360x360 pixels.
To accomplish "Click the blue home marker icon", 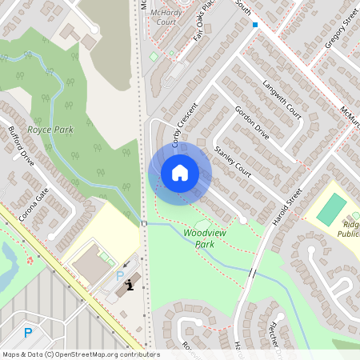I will pyautogui.click(x=179, y=173).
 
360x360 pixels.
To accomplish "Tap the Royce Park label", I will pyautogui.click(x=50, y=129).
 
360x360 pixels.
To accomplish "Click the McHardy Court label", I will pyautogui.click(x=166, y=18).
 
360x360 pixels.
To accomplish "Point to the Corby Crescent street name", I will pyautogui.click(x=183, y=124).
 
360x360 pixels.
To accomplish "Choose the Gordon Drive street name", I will pyautogui.click(x=251, y=125).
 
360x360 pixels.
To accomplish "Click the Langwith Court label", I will pyautogui.click(x=282, y=99).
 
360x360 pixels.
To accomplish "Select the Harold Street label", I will pyautogui.click(x=286, y=206).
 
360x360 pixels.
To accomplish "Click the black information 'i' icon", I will pyautogui.click(x=129, y=286).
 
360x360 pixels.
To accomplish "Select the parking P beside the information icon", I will pyautogui.click(x=120, y=276).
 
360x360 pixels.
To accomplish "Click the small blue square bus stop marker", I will pyautogui.click(x=255, y=25).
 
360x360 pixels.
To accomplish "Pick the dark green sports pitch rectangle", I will pyautogui.click(x=330, y=209).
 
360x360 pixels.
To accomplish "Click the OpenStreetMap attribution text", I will pyautogui.click(x=80, y=354).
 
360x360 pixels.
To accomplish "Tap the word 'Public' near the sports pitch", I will pyautogui.click(x=348, y=234).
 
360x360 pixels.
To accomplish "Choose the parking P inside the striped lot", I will pyautogui.click(x=28, y=333).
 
